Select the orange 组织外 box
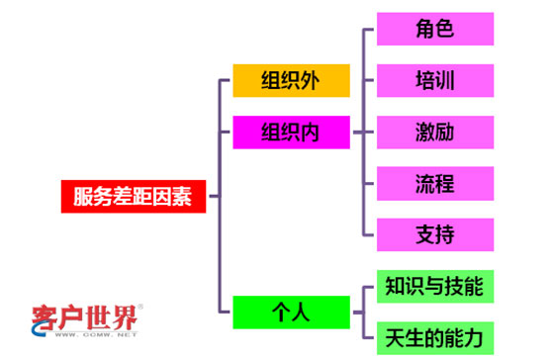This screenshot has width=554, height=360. click(291, 81)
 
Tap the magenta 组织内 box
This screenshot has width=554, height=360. click(291, 132)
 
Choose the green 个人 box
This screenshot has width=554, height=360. click(291, 313)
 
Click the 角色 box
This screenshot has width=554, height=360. click(435, 28)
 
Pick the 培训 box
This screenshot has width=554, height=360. click(435, 79)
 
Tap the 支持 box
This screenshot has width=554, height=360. click(435, 234)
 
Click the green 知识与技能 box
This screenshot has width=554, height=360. click(435, 286)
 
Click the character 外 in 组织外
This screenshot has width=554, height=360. click(313, 81)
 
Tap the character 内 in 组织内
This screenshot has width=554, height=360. click(313, 132)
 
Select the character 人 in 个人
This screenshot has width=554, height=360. click(302, 313)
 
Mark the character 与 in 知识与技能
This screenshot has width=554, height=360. click(435, 286)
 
